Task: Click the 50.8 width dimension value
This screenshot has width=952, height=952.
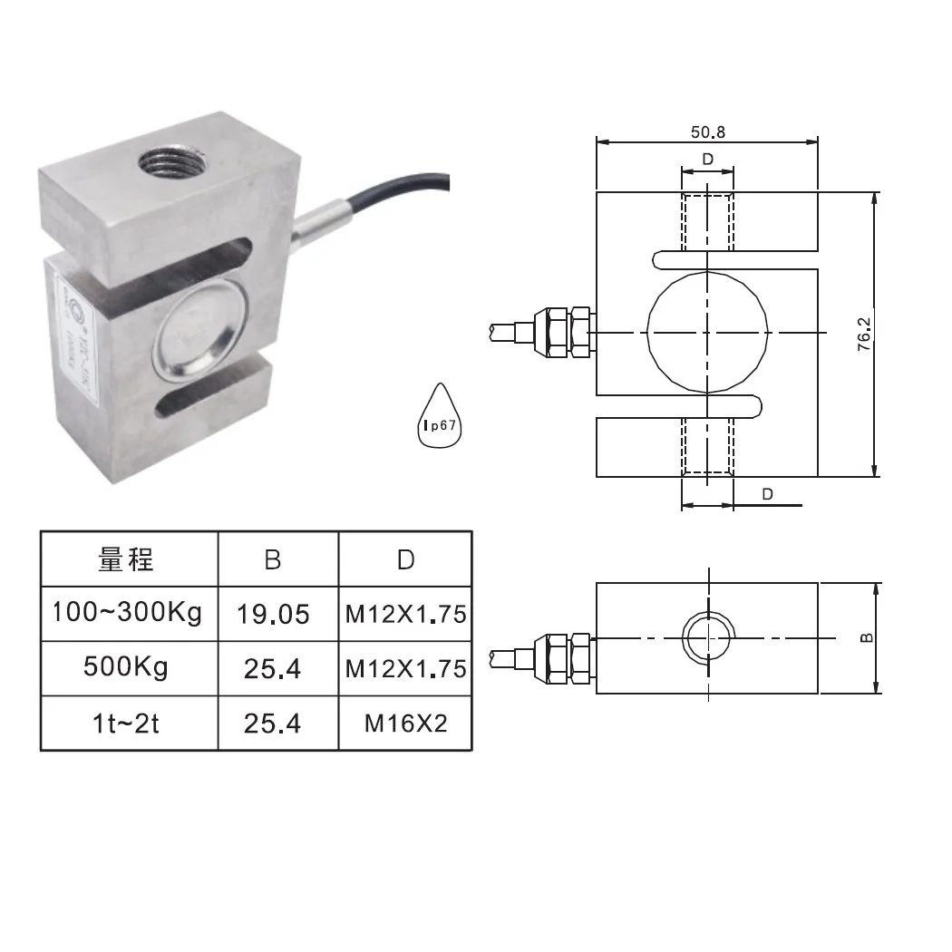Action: point(708,131)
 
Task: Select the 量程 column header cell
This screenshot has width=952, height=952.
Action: point(128,559)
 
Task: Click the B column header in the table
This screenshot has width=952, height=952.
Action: point(273,559)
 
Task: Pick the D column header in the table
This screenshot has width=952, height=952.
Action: point(405,559)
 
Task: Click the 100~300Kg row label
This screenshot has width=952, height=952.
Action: point(128,613)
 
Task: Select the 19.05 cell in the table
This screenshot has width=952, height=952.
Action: point(273,615)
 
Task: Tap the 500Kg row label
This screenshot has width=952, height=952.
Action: point(126,667)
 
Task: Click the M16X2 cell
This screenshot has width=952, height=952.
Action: point(405,724)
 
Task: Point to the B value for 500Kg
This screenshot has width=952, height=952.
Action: point(273,669)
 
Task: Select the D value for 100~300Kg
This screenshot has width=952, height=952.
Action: point(405,615)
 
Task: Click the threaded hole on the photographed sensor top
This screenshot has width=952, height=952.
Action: point(175,163)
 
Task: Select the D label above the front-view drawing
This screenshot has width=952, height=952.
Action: point(708,160)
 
